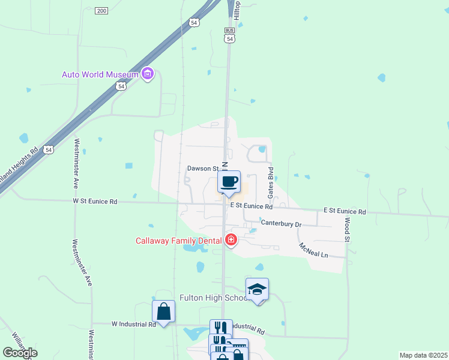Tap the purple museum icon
(147, 74)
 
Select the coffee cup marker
(229, 182)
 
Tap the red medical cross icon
(231, 241)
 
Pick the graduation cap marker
(257, 290)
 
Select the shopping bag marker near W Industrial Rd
(164, 312)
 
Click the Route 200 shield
(102, 11)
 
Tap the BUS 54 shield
(229, 35)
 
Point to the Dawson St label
(201, 169)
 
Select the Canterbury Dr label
(280, 224)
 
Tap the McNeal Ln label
(313, 251)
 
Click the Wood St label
(347, 230)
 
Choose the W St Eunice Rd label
(95, 202)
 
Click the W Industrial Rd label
(133, 324)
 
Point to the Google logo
(20, 353)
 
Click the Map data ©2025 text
(423, 355)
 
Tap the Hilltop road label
(237, 11)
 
